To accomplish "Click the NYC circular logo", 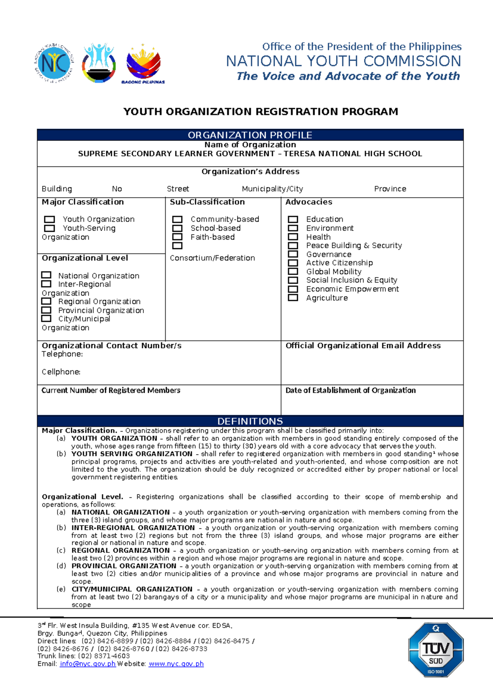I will point(54,64).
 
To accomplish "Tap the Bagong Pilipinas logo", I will point(143,64).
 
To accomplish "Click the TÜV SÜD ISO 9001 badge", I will point(435,650).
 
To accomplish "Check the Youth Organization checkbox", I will point(49,219).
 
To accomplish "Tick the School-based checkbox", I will point(177,228).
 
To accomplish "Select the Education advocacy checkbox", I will point(293,219).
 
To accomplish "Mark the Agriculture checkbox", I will point(293,298).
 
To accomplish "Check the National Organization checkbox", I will point(46,275).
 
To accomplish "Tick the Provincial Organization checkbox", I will point(46,310).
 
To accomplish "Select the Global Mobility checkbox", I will point(293,271).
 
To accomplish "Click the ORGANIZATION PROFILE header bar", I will point(250,135).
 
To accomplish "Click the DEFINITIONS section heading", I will point(250,421).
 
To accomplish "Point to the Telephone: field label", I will point(62,354).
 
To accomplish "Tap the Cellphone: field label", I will point(61,372).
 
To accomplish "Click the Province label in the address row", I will point(390,189).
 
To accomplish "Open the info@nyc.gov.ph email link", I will point(88,664).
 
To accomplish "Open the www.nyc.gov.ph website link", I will point(176,664).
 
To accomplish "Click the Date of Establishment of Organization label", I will point(350,390).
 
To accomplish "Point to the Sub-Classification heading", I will point(207,202).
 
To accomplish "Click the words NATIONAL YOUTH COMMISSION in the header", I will point(343,61).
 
